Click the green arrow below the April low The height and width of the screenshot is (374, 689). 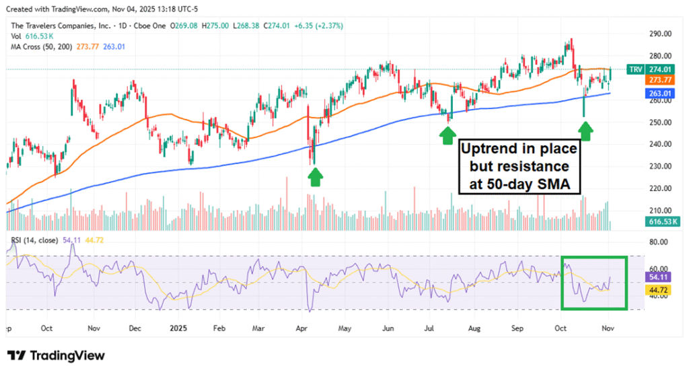(x=314, y=176)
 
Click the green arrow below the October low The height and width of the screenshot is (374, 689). (x=585, y=130)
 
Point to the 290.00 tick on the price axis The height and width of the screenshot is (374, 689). (x=661, y=34)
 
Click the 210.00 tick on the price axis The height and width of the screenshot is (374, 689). (x=661, y=210)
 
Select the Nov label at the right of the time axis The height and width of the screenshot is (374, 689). (x=608, y=330)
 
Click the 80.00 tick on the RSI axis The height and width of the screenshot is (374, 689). (x=661, y=241)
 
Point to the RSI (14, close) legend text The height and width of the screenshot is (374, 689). (x=34, y=239)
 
